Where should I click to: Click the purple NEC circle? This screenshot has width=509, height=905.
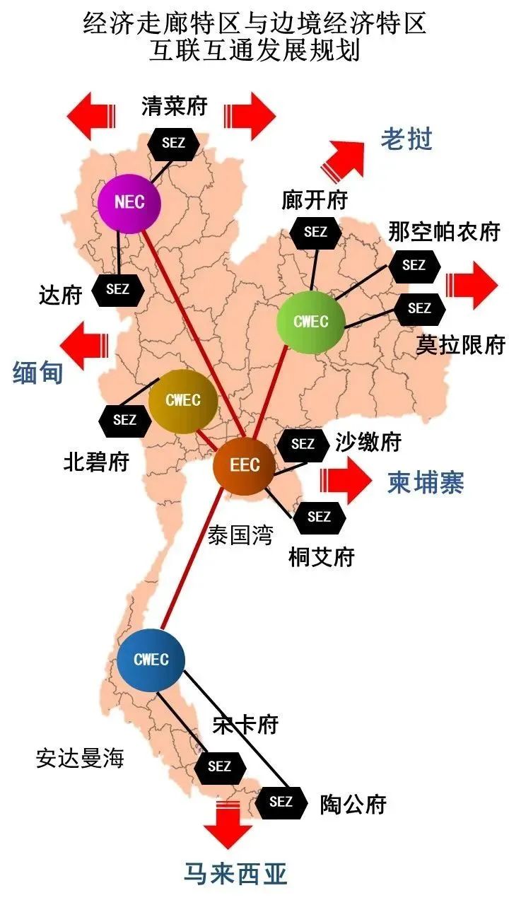[x=129, y=203]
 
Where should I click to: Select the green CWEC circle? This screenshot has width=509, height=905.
[x=311, y=322]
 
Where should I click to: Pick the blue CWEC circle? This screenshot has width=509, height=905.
[x=151, y=660]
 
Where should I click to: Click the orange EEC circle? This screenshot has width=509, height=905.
[x=245, y=466]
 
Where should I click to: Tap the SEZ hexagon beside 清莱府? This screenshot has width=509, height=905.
[x=173, y=142]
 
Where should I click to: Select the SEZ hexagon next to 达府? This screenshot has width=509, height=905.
[x=118, y=289]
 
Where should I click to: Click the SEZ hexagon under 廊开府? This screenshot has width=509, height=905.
[x=315, y=231]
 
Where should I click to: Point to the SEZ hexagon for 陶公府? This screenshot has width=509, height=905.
[x=281, y=802]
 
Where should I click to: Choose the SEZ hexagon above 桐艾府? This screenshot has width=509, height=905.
[x=320, y=517]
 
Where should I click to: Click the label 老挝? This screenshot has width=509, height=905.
[x=406, y=139]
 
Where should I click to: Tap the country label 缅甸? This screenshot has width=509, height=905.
[x=38, y=373]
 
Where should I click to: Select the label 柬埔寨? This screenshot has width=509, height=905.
[x=426, y=483]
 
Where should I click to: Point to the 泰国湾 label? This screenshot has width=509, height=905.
[x=240, y=535]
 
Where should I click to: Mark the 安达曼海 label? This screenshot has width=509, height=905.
[x=80, y=759]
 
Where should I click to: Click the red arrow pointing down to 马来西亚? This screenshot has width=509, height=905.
[x=228, y=824]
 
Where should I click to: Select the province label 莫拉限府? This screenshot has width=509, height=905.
[x=460, y=345]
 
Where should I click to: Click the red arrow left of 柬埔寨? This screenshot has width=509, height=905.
[x=346, y=481]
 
